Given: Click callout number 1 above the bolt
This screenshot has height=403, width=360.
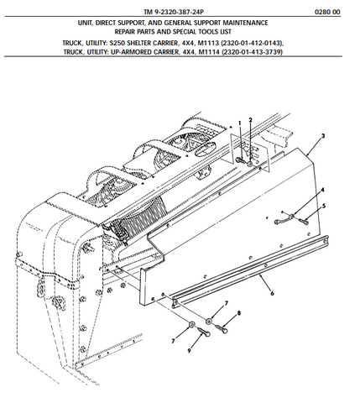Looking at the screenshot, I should [239, 123].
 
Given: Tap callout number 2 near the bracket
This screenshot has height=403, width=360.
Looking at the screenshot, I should [250, 120].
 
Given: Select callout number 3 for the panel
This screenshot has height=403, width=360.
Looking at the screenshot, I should [323, 135].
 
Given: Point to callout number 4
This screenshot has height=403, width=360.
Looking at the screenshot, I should [321, 191].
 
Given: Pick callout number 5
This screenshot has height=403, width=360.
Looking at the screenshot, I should [325, 206].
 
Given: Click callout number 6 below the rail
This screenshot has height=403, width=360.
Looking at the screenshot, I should [272, 294].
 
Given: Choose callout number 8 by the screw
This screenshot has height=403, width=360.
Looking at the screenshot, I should [238, 312].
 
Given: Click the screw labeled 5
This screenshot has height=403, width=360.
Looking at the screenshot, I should [304, 221].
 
